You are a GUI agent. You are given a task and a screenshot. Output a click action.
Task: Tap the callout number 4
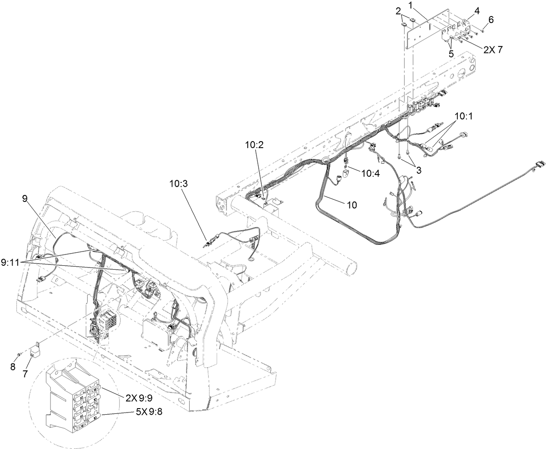tap(477, 12)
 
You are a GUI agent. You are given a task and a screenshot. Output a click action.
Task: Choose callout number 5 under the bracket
tap(451, 54)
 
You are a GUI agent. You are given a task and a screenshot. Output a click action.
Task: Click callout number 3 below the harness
tap(418, 171)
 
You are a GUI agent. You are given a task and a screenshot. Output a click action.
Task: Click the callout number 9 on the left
tap(25, 198)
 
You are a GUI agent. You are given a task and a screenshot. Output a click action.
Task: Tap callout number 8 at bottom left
tap(13, 366)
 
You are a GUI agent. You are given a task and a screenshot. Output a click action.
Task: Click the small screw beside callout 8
tap(19, 355)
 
